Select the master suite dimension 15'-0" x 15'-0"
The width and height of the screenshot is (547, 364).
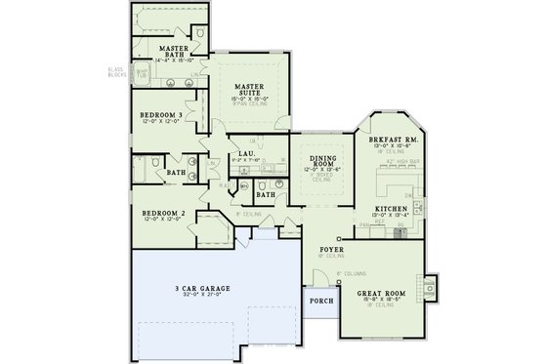(x=252, y=99)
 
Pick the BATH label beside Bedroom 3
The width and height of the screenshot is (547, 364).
(x=176, y=174)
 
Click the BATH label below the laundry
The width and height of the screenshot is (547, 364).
(x=265, y=194)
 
